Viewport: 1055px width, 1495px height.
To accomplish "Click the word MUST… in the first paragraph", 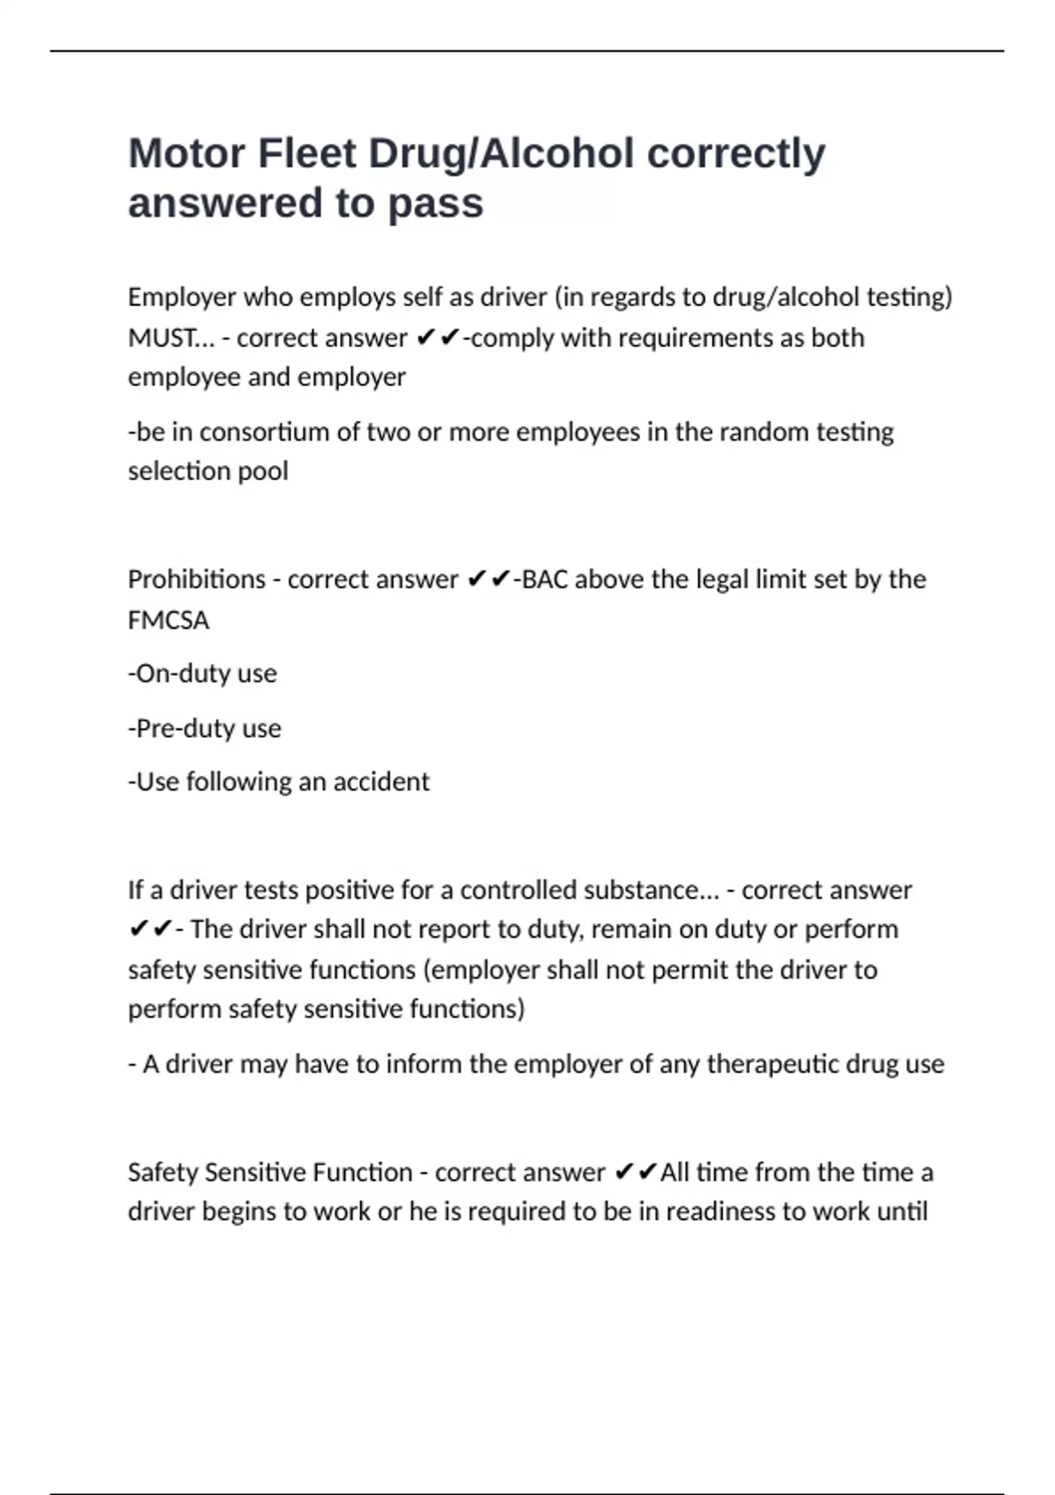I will (171, 338).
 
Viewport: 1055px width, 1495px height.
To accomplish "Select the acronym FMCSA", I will (169, 620).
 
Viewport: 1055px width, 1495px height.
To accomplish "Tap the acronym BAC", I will (545, 580).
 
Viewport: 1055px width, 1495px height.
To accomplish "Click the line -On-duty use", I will (202, 674).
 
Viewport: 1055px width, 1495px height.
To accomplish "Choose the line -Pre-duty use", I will (205, 728).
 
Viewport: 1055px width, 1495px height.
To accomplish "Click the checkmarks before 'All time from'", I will (636, 1172).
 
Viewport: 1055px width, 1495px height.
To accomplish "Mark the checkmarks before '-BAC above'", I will (489, 580).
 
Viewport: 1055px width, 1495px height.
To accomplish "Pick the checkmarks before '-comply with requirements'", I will (438, 338).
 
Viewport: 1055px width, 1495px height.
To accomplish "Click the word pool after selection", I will (266, 471).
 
